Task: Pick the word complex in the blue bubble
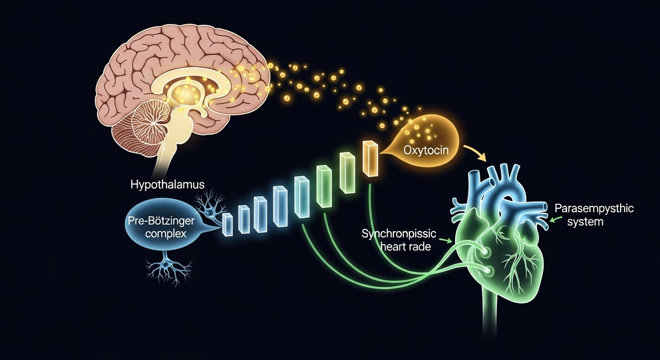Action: click(x=165, y=233)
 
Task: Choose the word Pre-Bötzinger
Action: click(x=161, y=220)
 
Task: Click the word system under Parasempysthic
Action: click(x=585, y=221)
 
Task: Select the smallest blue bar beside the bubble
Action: click(x=227, y=224)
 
